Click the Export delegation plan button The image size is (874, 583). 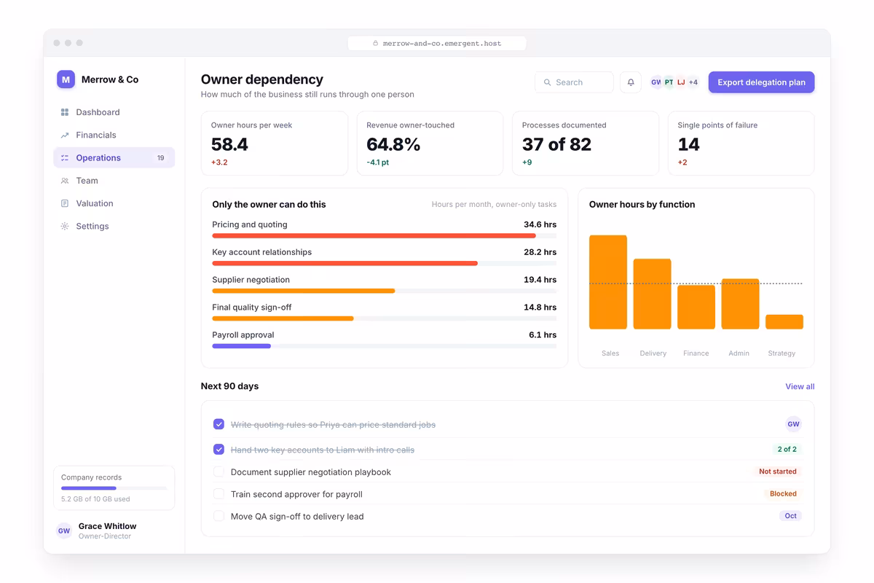click(x=761, y=82)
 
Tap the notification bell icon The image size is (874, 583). click(x=631, y=82)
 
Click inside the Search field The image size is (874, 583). click(x=574, y=82)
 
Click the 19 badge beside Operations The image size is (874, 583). click(x=161, y=157)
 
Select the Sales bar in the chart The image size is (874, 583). click(x=608, y=282)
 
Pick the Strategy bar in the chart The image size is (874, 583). click(x=784, y=322)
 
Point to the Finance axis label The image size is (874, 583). click(x=696, y=353)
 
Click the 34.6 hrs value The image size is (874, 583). click(x=540, y=224)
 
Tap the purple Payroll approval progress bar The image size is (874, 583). click(x=242, y=346)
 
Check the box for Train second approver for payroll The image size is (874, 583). click(x=219, y=494)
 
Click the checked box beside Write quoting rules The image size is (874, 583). click(x=219, y=424)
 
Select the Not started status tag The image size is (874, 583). click(x=778, y=472)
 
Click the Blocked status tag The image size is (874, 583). click(x=783, y=493)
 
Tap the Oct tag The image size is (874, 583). click(x=790, y=516)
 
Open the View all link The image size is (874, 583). click(x=800, y=386)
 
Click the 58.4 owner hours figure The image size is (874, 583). click(x=229, y=144)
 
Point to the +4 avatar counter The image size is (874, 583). click(x=693, y=82)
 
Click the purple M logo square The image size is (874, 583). click(x=66, y=79)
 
